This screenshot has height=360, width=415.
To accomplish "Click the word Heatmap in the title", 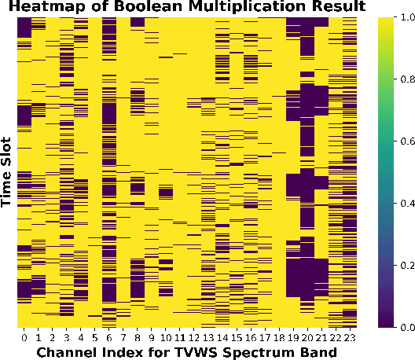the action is coord(47,6).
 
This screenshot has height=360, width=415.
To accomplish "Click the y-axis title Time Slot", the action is coord(6,172).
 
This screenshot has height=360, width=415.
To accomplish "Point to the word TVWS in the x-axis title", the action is coord(196,352).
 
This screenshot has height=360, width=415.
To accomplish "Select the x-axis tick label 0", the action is coord(24,338).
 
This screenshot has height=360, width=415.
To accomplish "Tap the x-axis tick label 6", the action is coord(109,338).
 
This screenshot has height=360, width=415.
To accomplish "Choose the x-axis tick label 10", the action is coord(166,338).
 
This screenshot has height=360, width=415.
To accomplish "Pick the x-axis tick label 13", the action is coord(208,338).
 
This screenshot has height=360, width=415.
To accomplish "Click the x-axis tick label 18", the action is coord(279,338).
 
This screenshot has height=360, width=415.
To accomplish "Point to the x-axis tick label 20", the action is coord(307,338).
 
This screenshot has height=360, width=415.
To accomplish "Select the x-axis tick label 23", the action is coord(350,338).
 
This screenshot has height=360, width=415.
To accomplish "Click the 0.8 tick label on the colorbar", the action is coord(408,79).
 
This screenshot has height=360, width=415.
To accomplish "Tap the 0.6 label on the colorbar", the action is coord(408,141).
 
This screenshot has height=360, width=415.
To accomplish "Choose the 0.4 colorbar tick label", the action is coord(408,203).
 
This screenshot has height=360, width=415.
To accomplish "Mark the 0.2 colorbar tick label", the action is coord(408,265).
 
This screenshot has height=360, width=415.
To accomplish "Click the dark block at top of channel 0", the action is coord(24,28).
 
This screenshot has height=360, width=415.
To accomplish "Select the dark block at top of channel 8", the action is coord(138,22).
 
